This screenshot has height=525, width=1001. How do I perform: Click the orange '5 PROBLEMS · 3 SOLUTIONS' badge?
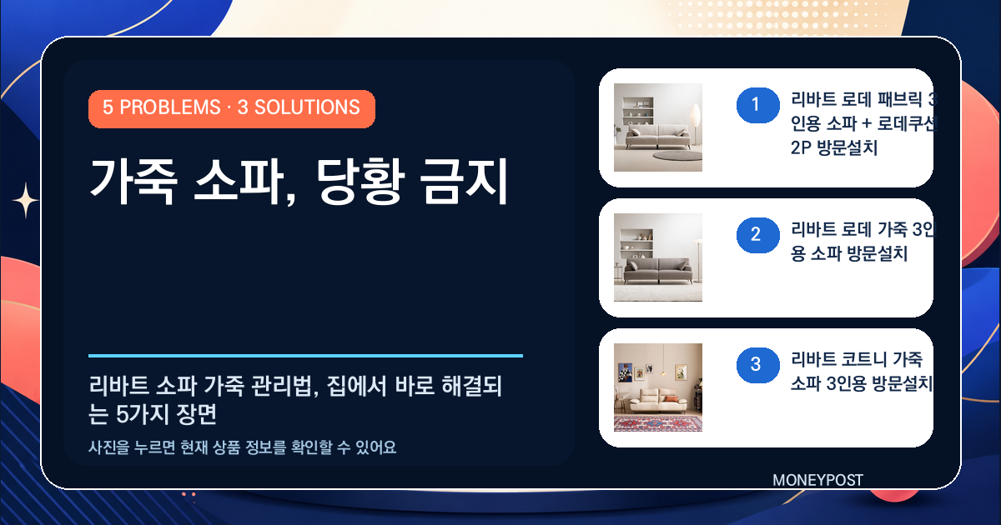(x=232, y=109)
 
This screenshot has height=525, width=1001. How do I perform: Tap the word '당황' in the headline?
(x=360, y=182)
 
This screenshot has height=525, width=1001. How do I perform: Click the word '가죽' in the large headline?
(x=133, y=182)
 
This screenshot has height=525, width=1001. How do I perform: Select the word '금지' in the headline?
(x=464, y=182)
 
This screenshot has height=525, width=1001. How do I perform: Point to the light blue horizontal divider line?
(x=305, y=356)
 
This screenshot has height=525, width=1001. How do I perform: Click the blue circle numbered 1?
(x=758, y=105)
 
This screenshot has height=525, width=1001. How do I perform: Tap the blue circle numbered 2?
(x=758, y=235)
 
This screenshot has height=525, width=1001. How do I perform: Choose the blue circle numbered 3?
(x=758, y=365)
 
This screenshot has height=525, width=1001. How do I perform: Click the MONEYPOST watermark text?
(x=817, y=480)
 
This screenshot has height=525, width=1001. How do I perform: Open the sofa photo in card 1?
(x=658, y=127)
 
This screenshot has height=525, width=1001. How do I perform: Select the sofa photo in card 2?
(x=658, y=257)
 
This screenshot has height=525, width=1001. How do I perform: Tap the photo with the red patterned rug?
(x=658, y=387)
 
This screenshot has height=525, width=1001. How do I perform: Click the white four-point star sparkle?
(x=26, y=201)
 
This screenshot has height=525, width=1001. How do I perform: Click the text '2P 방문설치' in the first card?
(x=834, y=147)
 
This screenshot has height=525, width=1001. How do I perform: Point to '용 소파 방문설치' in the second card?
(x=849, y=254)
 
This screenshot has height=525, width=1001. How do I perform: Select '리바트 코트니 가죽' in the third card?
(x=857, y=359)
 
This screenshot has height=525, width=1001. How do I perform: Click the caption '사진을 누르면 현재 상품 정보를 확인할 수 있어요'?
(x=242, y=447)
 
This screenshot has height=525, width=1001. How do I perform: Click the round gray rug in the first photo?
(x=677, y=156)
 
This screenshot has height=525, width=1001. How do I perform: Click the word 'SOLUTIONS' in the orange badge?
(x=307, y=107)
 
